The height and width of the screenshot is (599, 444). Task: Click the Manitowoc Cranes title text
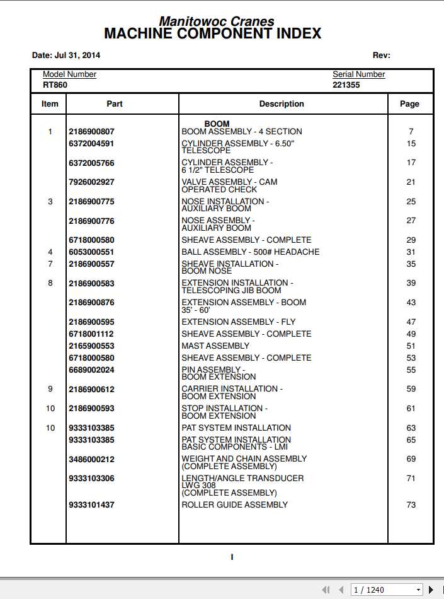(x=216, y=21)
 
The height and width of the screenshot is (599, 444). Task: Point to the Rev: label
(x=381, y=55)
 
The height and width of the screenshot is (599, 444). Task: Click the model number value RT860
(x=55, y=84)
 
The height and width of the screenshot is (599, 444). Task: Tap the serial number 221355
(x=346, y=84)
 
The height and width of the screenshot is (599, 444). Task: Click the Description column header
(x=282, y=104)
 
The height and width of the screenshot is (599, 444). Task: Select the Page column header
(x=409, y=104)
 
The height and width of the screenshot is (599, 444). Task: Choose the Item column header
(x=50, y=104)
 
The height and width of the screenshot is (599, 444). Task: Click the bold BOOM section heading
(x=217, y=124)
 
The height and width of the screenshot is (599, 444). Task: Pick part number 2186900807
(x=91, y=132)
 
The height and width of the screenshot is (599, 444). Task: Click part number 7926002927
(x=91, y=182)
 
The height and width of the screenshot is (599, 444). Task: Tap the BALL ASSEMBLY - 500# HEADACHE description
(x=250, y=252)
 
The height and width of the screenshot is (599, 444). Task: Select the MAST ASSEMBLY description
(x=215, y=346)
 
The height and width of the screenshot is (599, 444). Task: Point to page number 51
(x=411, y=346)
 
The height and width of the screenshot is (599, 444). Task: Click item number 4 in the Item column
(x=50, y=252)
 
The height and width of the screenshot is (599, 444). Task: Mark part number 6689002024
(x=91, y=370)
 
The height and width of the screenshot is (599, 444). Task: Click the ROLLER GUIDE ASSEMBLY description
(x=234, y=505)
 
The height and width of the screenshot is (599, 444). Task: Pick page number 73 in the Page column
(x=411, y=505)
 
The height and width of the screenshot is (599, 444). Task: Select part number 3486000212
(x=91, y=460)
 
